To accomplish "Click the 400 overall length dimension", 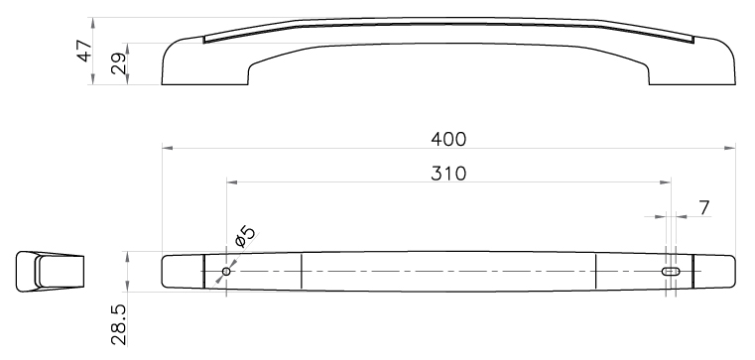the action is click(x=448, y=139).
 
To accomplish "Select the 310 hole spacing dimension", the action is click(x=448, y=174).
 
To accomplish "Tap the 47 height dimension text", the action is click(x=84, y=51).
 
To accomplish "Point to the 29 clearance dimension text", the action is click(x=118, y=63).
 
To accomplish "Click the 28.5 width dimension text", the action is click(x=118, y=325).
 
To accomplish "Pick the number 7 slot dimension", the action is click(x=704, y=208).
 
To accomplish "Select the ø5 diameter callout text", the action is click(x=245, y=236).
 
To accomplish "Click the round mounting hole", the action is click(x=226, y=272).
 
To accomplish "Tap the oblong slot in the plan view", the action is click(x=671, y=272).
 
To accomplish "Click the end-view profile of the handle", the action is click(x=50, y=272).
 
